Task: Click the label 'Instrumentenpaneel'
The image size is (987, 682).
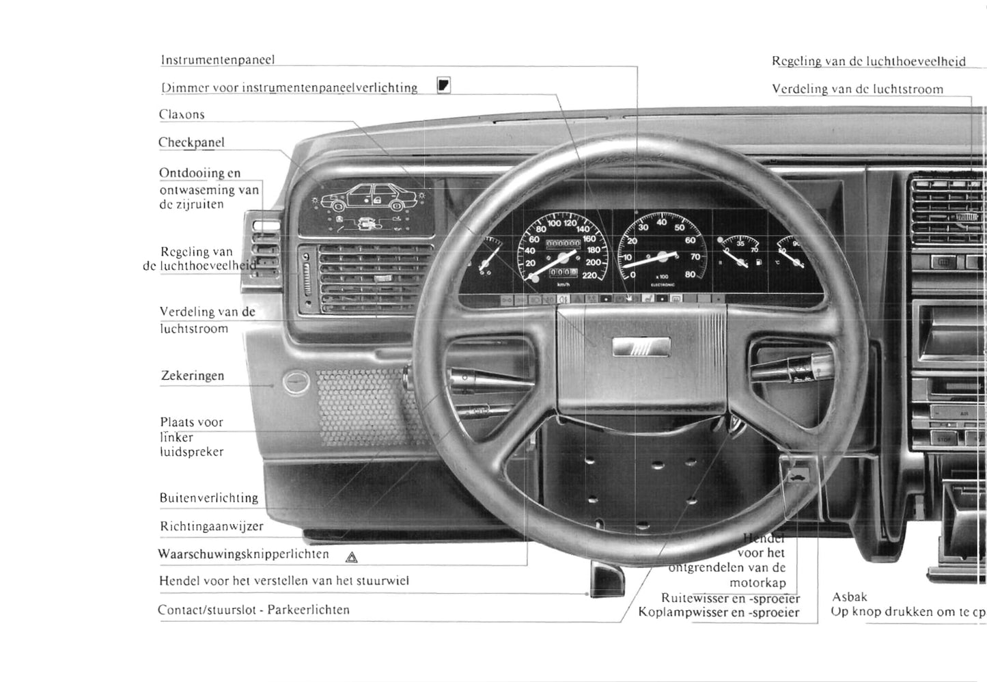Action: (218, 60)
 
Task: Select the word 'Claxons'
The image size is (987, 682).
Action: (182, 115)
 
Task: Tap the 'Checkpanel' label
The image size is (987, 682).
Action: (191, 143)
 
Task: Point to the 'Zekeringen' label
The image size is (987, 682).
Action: (193, 376)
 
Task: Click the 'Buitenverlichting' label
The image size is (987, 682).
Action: (209, 498)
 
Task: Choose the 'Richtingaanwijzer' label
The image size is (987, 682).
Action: (212, 526)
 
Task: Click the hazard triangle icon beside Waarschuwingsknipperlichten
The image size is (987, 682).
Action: (352, 557)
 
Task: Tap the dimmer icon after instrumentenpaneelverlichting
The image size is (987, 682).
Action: (444, 85)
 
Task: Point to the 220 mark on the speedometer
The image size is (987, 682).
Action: (589, 275)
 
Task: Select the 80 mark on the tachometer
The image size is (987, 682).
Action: (690, 275)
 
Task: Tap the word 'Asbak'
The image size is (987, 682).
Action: (850, 597)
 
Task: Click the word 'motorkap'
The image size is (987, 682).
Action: (757, 583)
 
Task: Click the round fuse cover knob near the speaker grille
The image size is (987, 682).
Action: (296, 382)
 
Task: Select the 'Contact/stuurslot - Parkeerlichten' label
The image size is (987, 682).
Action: (253, 610)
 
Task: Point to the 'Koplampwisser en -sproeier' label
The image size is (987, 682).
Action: (719, 612)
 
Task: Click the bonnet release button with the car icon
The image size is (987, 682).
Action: (796, 476)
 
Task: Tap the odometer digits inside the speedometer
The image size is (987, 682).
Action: (563, 244)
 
